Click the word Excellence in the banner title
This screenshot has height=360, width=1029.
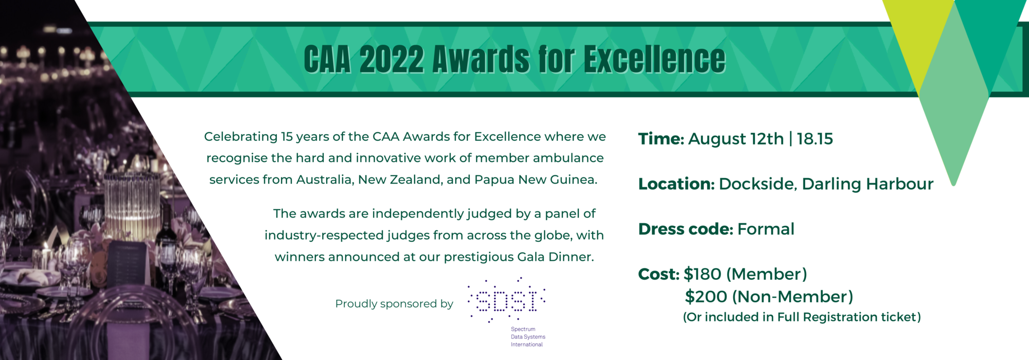pos(654,59)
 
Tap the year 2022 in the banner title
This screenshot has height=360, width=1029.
pos(392,59)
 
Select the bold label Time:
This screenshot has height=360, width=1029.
pos(661,139)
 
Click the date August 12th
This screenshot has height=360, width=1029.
pos(736,139)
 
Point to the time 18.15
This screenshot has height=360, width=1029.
pos(815,139)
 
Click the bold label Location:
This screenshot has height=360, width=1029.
pos(677,184)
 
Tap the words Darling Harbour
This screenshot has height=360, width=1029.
pos(867,184)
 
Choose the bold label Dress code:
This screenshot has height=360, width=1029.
pos(686,229)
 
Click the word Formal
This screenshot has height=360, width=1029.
pos(766,229)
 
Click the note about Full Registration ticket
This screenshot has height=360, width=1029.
pos(802,317)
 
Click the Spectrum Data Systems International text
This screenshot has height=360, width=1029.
pos(528,337)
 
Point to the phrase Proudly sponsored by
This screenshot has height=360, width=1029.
pos(394,304)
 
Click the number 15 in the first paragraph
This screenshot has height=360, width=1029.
pos(287,137)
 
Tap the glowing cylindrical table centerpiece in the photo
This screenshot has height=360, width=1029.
pos(132,206)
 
